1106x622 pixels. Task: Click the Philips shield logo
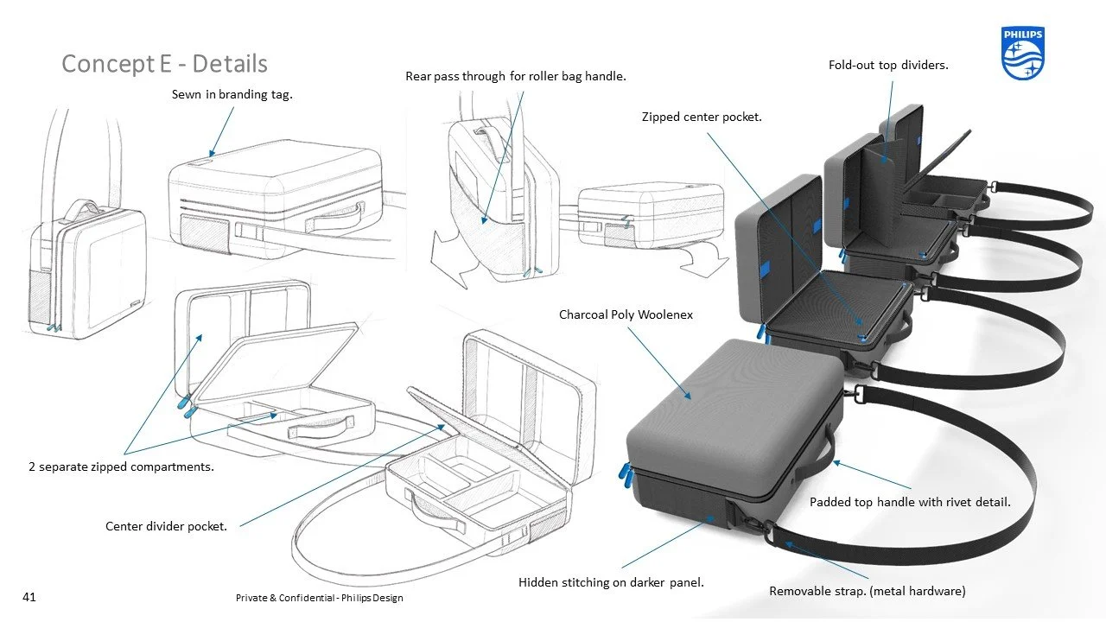pyautogui.click(x=1023, y=53)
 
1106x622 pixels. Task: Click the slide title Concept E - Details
pyautogui.click(x=164, y=64)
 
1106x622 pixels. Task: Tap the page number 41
pyautogui.click(x=29, y=596)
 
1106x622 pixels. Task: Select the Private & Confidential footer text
pyautogui.click(x=319, y=598)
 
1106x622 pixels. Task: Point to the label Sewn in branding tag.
pyautogui.click(x=232, y=94)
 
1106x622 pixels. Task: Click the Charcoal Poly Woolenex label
pyautogui.click(x=626, y=314)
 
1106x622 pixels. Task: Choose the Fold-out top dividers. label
pyautogui.click(x=888, y=65)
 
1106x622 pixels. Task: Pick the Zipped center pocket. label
pyautogui.click(x=701, y=117)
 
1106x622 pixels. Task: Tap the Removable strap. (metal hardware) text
pyautogui.click(x=867, y=591)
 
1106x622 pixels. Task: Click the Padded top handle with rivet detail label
pyautogui.click(x=910, y=501)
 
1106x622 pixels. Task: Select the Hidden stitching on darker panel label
pyautogui.click(x=611, y=582)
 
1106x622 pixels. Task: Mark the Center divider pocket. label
pyautogui.click(x=166, y=526)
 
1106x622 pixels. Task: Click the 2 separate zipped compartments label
pyautogui.click(x=120, y=466)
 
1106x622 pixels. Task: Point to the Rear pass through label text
pyautogui.click(x=515, y=76)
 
